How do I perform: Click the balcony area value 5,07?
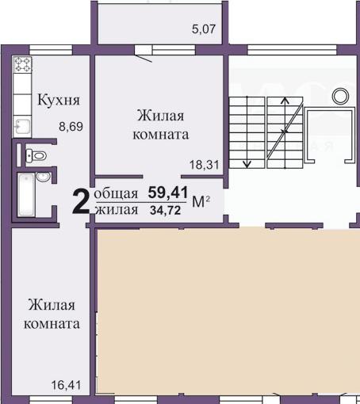click(204, 29)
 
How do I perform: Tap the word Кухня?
click(59, 100)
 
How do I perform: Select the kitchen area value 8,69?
click(71, 127)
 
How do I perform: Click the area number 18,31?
click(205, 166)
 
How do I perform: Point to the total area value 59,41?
click(168, 192)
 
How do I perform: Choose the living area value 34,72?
click(166, 211)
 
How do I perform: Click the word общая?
click(116, 194)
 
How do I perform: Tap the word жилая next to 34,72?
click(117, 210)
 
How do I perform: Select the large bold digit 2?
click(81, 201)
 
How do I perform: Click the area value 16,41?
click(66, 385)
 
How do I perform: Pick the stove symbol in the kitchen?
click(22, 65)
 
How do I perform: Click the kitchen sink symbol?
click(22, 127)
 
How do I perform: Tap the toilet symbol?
click(36, 155)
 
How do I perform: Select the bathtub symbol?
click(26, 195)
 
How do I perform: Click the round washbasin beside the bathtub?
click(43, 177)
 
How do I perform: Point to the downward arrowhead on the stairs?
click(247, 164)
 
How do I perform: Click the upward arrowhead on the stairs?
click(285, 101)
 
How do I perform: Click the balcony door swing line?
click(144, 59)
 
